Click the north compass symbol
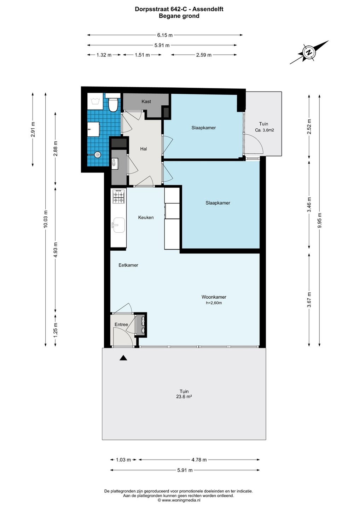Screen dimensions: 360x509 (309, 52)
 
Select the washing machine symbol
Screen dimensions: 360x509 (95, 101)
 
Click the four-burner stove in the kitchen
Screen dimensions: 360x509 (118, 196)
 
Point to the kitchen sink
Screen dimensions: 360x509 (118, 225)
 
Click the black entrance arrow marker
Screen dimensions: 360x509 (123, 358)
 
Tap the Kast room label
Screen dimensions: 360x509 (146, 101)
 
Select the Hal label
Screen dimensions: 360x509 (144, 149)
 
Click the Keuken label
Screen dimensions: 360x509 (146, 217)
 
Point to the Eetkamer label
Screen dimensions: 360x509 (128, 265)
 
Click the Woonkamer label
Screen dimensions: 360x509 (214, 297)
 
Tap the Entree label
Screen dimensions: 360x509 (121, 324)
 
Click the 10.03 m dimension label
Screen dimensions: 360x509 (46, 219)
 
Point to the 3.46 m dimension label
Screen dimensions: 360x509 (309, 205)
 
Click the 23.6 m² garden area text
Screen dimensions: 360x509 (184, 397)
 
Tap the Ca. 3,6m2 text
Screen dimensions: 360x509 (264, 130)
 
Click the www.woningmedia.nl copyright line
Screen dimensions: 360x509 (179, 500)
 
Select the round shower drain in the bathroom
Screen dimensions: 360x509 (98, 154)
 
